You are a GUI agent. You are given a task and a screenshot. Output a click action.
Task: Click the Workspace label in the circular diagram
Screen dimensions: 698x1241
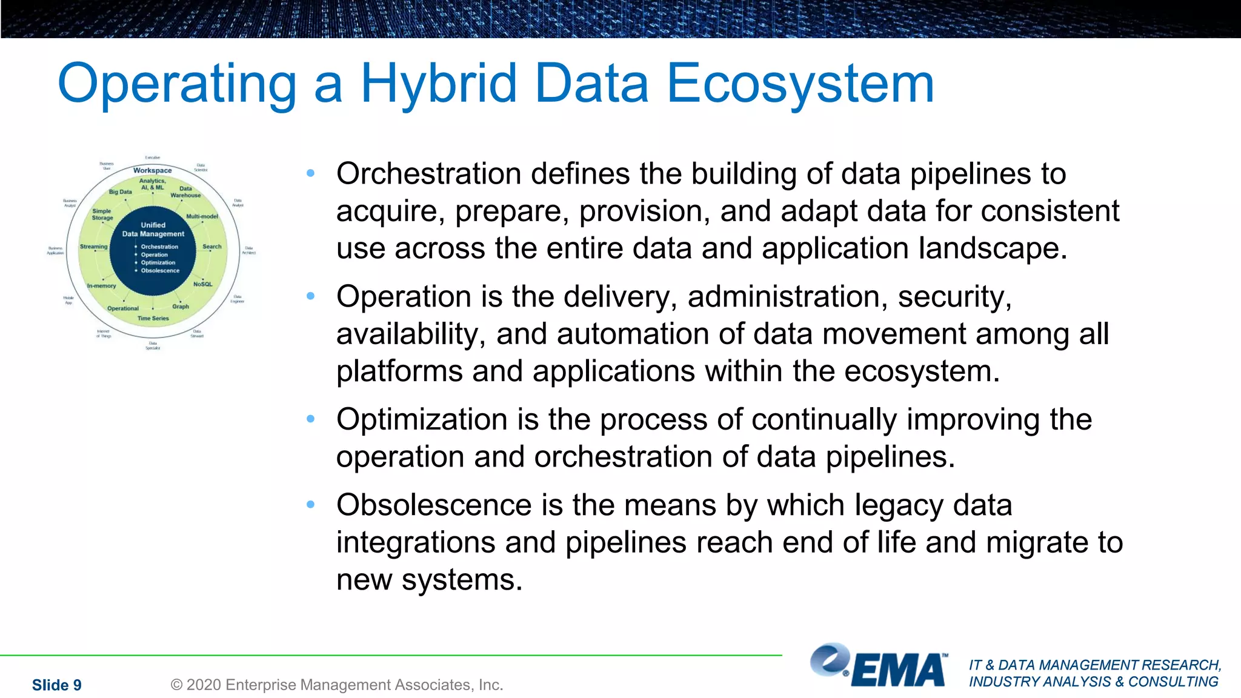[153, 171]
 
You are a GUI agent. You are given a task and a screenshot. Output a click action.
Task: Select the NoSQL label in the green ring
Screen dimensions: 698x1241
[202, 284]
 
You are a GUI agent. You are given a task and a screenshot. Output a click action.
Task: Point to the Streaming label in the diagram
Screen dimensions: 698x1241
[93, 247]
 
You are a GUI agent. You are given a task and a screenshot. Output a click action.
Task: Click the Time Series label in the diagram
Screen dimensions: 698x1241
[153, 318]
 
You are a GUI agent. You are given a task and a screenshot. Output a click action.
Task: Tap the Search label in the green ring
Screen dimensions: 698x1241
[211, 247]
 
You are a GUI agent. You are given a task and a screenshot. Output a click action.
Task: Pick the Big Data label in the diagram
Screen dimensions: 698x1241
[120, 192]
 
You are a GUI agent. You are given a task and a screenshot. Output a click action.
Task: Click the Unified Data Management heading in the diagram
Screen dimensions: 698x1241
[153, 229]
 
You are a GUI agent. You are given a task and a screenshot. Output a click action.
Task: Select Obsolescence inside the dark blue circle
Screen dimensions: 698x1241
[160, 271]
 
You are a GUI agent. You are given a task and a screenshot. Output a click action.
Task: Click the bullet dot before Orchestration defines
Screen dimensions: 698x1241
[311, 174]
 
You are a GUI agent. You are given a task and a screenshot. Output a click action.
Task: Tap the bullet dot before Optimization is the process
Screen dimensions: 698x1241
[311, 419]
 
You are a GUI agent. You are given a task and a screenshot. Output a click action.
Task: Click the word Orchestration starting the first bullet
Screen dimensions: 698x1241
[428, 174]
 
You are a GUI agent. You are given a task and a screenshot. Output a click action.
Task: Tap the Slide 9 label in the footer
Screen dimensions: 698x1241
[56, 685]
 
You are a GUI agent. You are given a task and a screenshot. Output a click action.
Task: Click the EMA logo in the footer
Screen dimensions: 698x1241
[879, 666]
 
